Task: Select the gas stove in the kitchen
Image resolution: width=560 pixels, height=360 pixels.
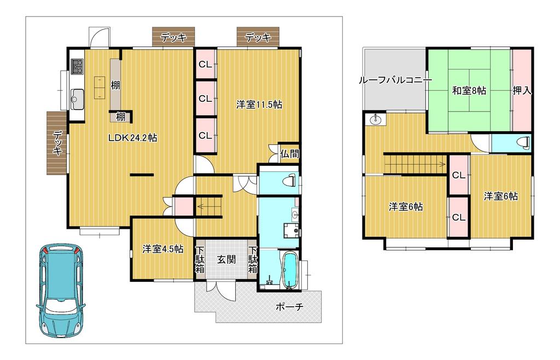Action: click(78, 66)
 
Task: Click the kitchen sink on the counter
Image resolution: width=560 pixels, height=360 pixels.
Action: click(77, 99)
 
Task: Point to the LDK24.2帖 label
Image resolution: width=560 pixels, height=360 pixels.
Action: click(132, 138)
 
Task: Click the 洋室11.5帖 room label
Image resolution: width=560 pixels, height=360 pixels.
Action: click(259, 104)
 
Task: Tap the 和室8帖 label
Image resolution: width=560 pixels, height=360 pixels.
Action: click(469, 91)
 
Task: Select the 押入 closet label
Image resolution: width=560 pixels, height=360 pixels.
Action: click(522, 91)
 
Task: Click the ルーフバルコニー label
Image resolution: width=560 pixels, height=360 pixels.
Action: click(395, 80)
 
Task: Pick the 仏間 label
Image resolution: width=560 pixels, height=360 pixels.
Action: click(289, 154)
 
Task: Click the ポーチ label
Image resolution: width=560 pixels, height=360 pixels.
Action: click(289, 306)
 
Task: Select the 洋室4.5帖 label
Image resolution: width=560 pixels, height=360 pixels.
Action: click(163, 248)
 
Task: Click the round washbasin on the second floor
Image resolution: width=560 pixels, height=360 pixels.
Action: click(375, 120)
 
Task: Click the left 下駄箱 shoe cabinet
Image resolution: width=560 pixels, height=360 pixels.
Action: click(200, 259)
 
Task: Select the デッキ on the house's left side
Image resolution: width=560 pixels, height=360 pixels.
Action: click(57, 143)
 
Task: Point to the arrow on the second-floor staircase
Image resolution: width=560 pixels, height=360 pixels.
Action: click(416, 165)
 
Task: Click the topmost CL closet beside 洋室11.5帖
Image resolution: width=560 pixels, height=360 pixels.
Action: click(206, 65)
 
